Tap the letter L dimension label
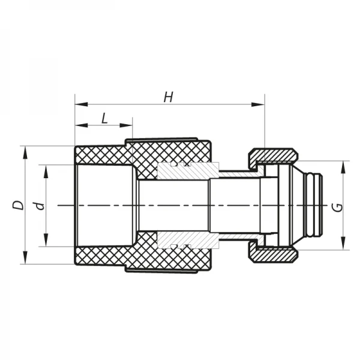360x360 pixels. click(x=104, y=118)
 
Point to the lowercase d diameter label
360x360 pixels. click(x=40, y=205)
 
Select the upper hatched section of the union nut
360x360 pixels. click(x=273, y=155)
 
